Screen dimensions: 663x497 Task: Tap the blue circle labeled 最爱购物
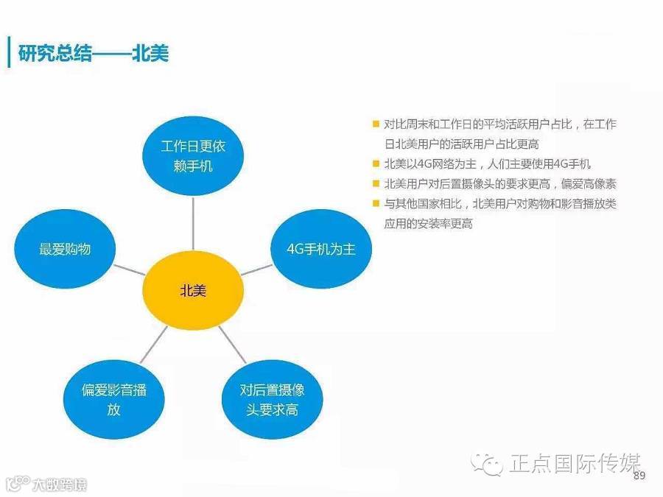tap(66, 249)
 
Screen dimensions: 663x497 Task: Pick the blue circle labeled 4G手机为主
tap(321, 249)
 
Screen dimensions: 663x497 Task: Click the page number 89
tap(639, 476)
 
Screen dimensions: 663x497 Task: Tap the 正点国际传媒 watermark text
tap(575, 463)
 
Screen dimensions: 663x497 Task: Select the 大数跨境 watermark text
tap(59, 485)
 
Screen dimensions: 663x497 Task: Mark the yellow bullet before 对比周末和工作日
tap(376, 124)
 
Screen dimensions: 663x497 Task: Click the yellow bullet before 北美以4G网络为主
tap(376, 164)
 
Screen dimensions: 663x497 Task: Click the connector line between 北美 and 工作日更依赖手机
tap(193, 225)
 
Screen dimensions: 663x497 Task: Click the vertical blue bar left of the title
tap(9, 52)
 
